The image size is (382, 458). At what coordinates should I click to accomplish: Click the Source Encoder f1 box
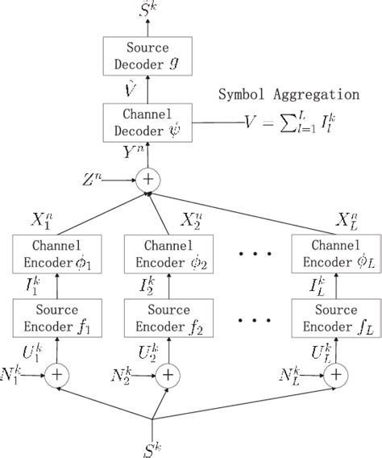tap(56, 316)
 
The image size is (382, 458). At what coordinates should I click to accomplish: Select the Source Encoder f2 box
tap(168, 316)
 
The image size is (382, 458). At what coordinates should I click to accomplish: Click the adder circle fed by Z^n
tap(149, 179)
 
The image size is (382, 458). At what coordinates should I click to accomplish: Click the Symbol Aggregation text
tap(289, 94)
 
